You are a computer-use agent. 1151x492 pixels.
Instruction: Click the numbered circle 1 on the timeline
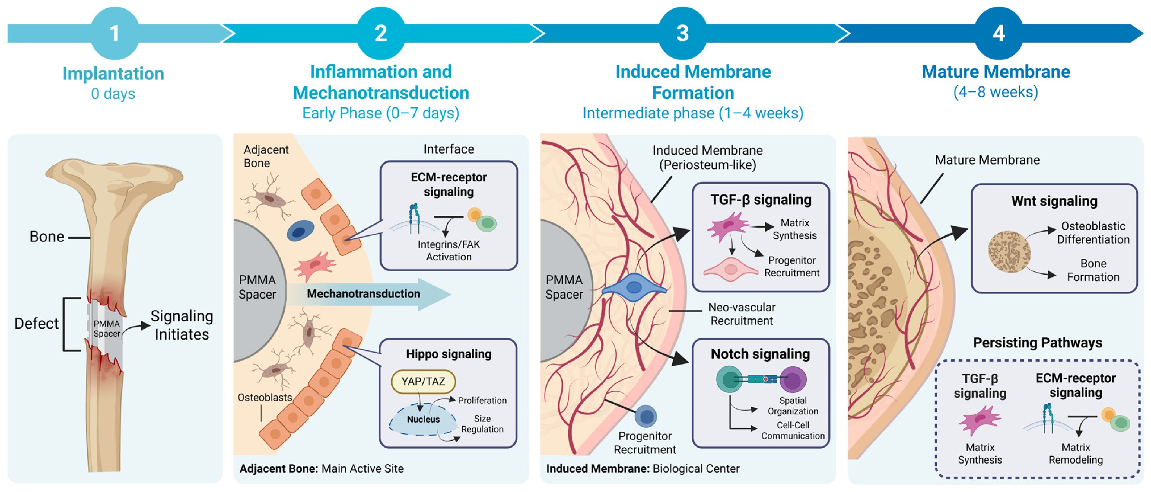(x=115, y=33)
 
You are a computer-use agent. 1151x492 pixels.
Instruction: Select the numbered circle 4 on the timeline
(x=999, y=33)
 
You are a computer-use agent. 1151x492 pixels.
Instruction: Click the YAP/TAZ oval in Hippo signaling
(x=423, y=381)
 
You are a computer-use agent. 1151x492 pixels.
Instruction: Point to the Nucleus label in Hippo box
(x=423, y=419)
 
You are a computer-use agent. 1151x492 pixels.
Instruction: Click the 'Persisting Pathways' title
(x=1038, y=343)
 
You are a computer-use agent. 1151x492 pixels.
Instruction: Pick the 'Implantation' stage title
(x=113, y=73)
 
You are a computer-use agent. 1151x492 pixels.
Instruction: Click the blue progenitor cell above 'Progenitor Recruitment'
(x=646, y=417)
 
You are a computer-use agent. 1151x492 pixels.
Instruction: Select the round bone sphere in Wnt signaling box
(x=1009, y=252)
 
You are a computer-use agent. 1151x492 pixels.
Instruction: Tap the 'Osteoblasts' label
(x=265, y=397)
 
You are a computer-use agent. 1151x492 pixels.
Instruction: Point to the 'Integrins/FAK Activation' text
(x=449, y=251)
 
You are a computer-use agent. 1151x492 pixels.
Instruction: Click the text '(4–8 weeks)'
(x=996, y=92)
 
